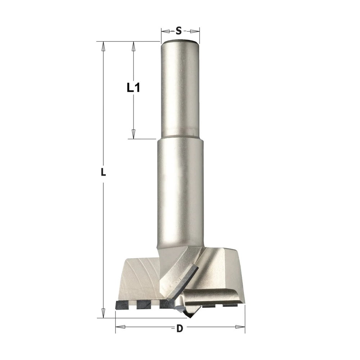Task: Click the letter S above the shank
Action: [179, 31]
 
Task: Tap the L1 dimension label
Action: [134, 88]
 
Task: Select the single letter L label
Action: [103, 172]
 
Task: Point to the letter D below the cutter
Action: [180, 328]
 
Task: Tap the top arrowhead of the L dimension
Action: [103, 46]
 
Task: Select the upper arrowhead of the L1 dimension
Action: [133, 46]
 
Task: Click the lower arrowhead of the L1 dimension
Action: [133, 134]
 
